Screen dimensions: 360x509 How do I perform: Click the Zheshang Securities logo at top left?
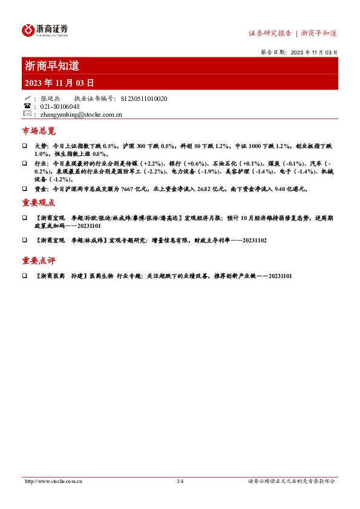click(x=45, y=30)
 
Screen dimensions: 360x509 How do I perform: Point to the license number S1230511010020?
click(x=144, y=99)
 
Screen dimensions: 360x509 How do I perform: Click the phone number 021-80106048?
click(x=60, y=106)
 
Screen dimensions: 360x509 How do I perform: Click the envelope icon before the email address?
click(x=27, y=114)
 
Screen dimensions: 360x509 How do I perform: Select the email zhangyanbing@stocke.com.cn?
click(x=79, y=114)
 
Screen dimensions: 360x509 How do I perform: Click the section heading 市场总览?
click(x=39, y=131)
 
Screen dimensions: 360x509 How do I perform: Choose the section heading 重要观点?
click(x=39, y=202)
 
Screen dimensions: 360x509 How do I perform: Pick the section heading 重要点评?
click(x=39, y=261)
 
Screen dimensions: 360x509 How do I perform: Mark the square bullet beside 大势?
click(x=25, y=147)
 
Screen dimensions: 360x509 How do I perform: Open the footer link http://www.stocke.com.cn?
click(x=53, y=481)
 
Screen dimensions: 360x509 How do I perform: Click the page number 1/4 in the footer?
click(x=180, y=481)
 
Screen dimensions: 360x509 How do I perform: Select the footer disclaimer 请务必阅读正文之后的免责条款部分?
click(x=292, y=481)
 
